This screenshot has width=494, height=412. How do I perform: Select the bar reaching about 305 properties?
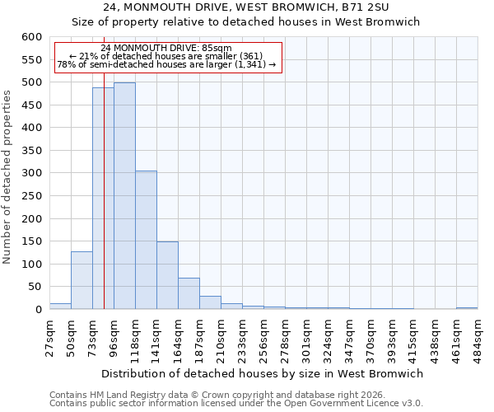pyautogui.click(x=146, y=240)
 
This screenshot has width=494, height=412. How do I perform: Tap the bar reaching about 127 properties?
pyautogui.click(x=82, y=280)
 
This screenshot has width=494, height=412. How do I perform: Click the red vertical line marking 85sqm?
pyautogui.click(x=104, y=206)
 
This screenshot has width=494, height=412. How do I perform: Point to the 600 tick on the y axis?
pyautogui.click(x=31, y=37)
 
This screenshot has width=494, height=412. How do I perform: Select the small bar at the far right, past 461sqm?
pyautogui.click(x=467, y=307)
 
